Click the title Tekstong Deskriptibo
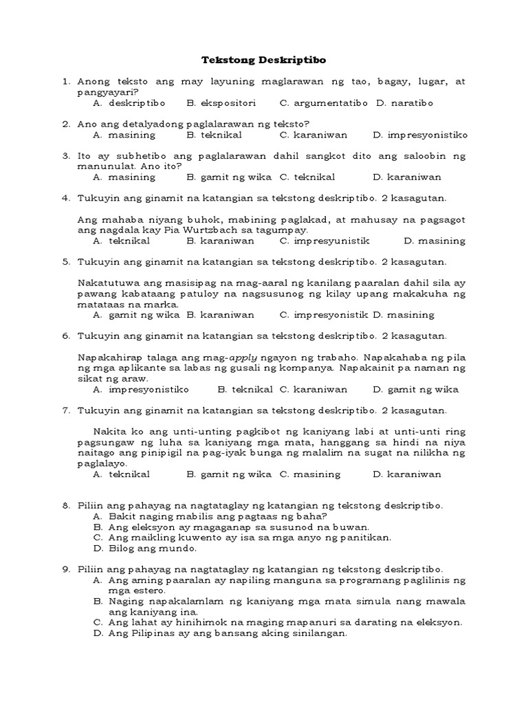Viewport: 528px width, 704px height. click(x=263, y=60)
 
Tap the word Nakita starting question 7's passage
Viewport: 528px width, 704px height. click(x=109, y=432)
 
